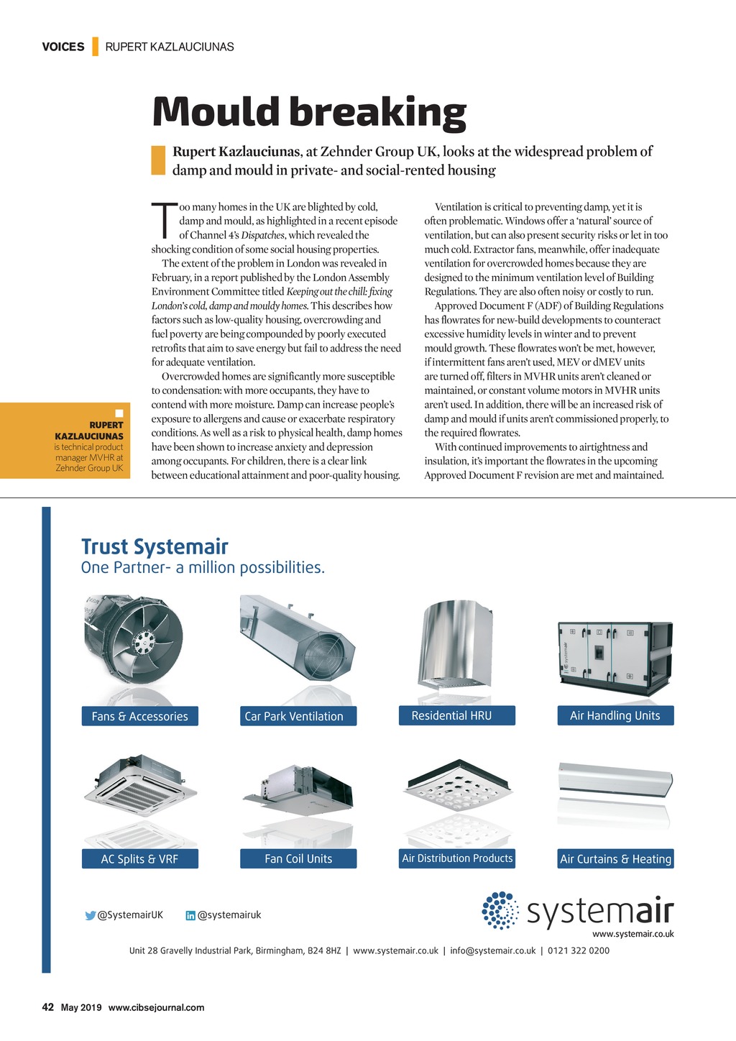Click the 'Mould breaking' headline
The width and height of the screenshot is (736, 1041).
point(309,113)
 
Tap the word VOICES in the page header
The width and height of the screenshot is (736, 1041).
point(63,47)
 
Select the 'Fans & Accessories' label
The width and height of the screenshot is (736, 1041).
point(139,716)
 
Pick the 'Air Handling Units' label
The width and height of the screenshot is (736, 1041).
point(615,715)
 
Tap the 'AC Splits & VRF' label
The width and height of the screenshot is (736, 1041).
point(139,859)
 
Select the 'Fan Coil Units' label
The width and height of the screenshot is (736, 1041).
point(298,859)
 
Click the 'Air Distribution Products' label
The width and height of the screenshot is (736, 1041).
point(457,858)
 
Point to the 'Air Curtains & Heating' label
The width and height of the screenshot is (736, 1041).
point(616,859)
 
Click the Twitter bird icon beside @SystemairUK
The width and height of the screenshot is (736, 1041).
point(91,916)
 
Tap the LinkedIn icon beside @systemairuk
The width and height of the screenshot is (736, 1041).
point(190,916)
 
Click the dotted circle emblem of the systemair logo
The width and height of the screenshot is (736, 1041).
point(500,910)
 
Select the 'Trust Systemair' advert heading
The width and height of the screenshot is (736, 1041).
point(155,547)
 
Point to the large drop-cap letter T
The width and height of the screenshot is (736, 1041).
point(164,220)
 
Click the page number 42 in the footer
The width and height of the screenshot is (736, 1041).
point(48,1007)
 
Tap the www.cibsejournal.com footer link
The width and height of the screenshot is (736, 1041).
point(156,1008)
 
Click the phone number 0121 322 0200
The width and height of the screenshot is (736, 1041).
point(579,950)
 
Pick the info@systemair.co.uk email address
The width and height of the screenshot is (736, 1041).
point(493,950)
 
